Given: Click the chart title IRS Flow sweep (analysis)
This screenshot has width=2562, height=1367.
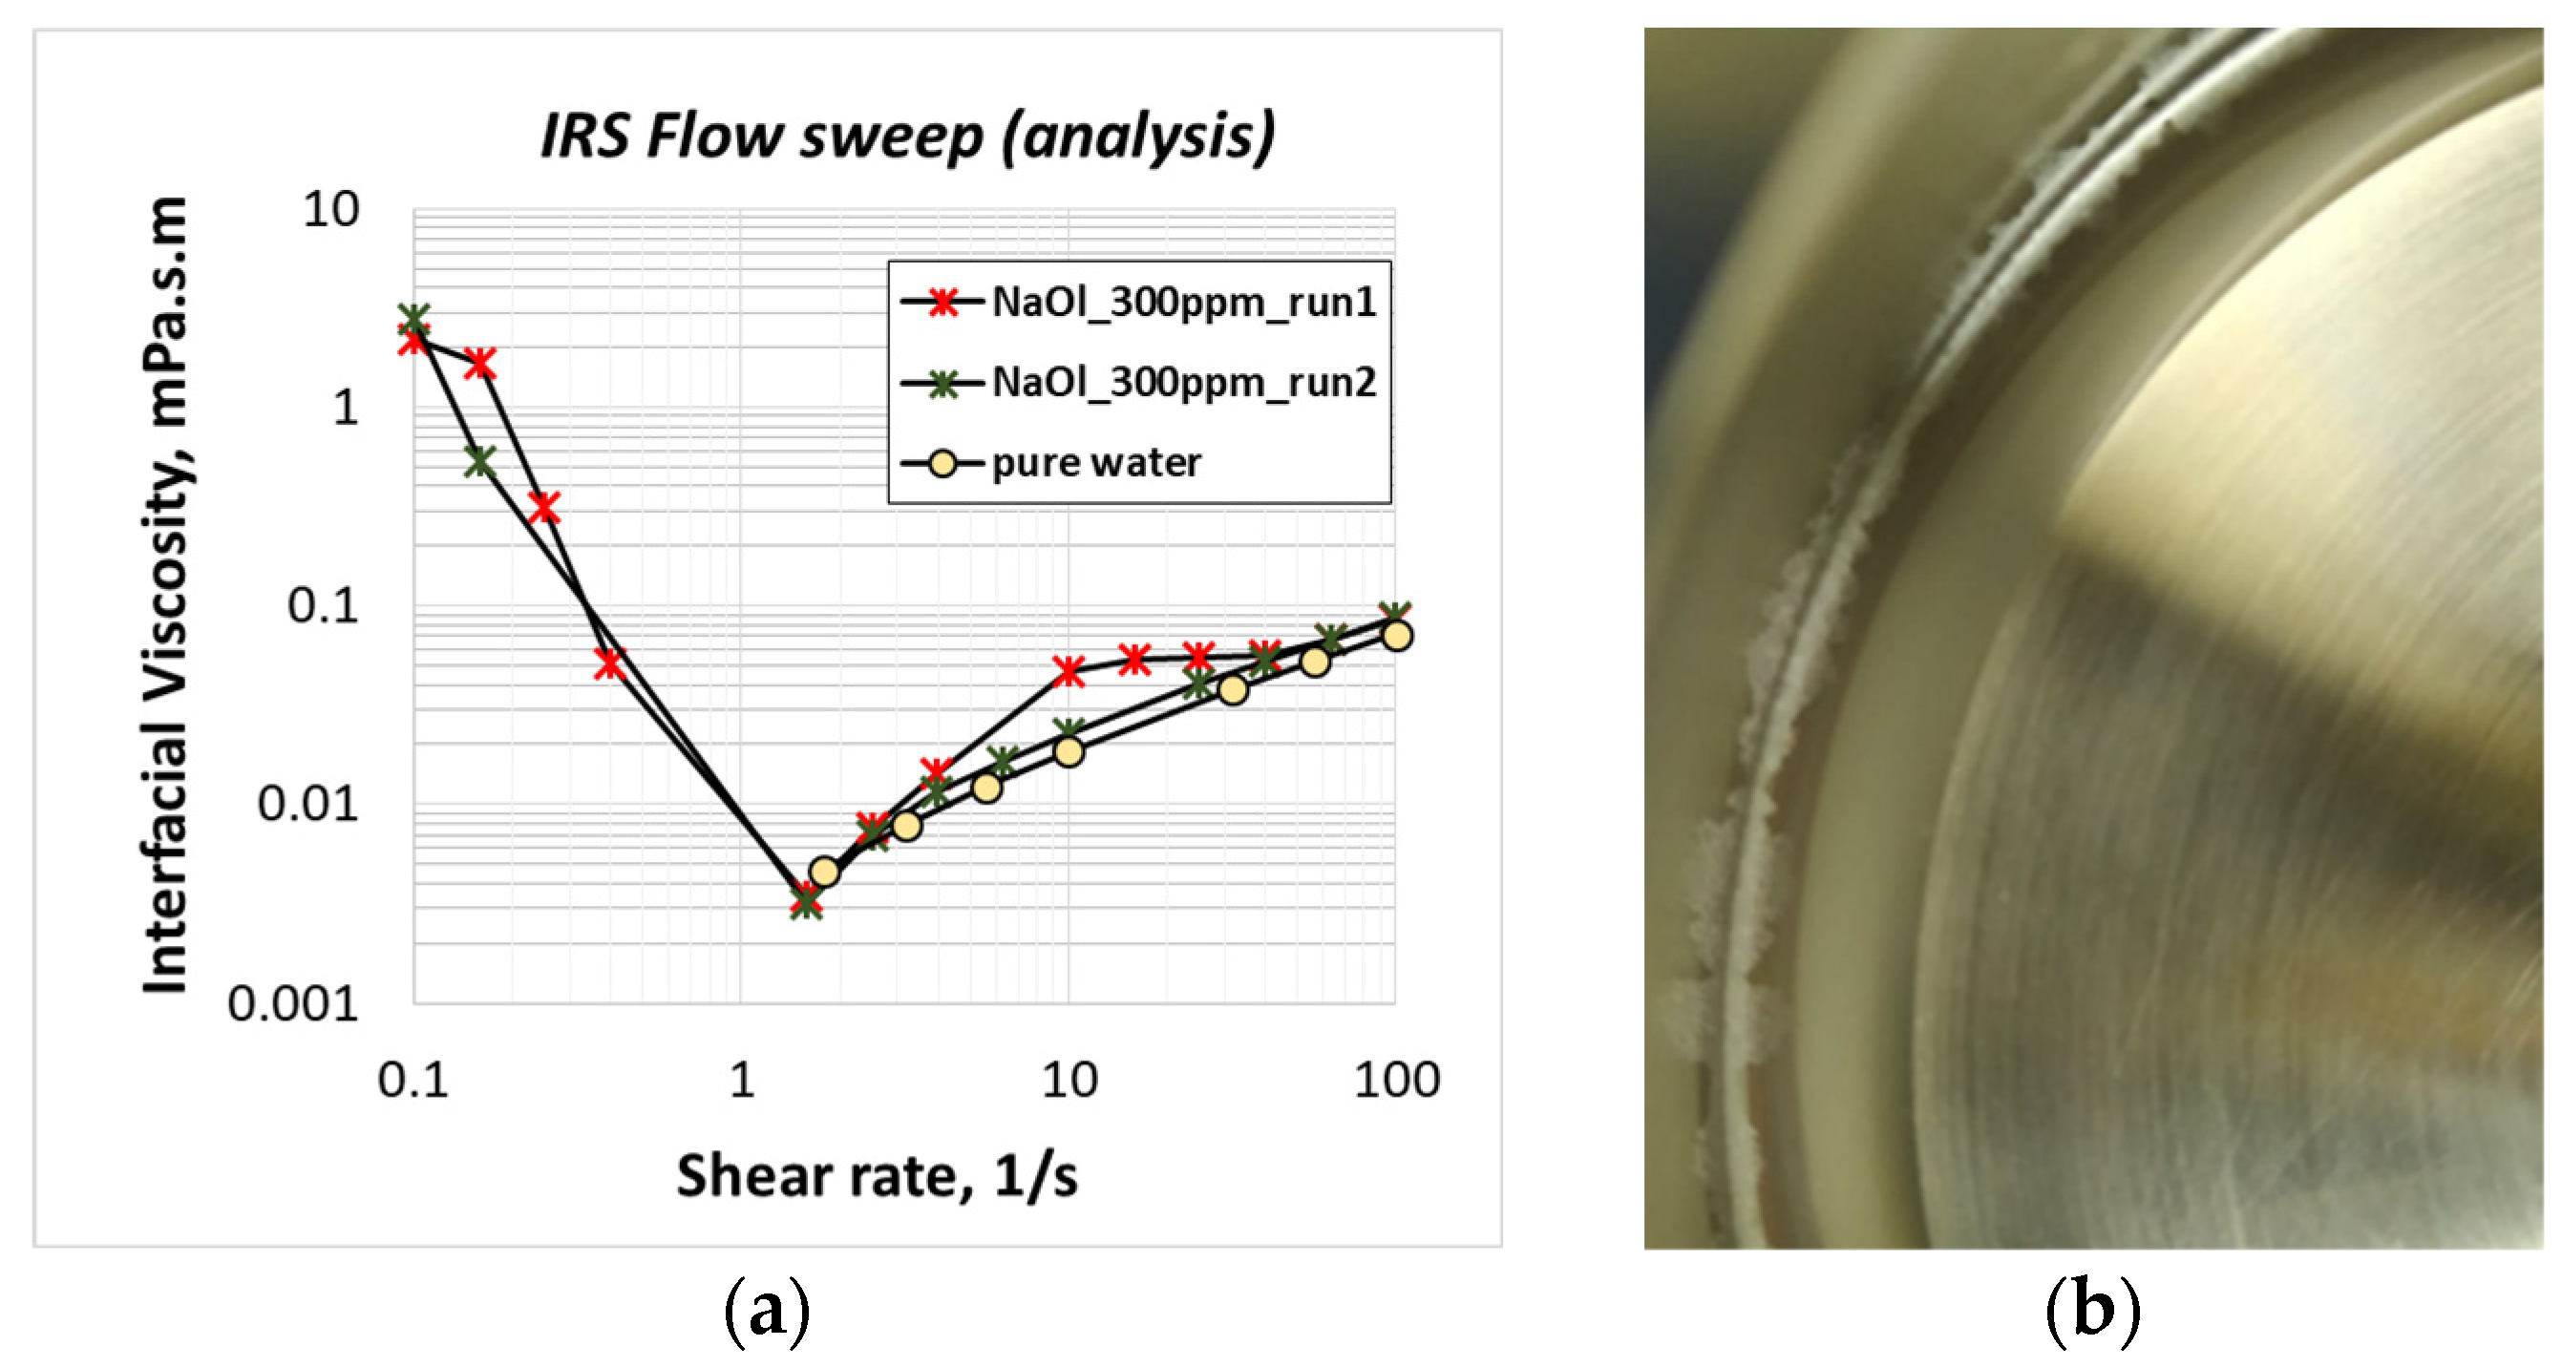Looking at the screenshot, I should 907,136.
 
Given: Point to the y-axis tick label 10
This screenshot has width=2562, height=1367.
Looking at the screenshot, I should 330,211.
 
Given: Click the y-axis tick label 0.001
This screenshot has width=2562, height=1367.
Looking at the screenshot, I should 292,1004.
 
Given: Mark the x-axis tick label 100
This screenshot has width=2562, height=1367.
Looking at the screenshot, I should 1395,1080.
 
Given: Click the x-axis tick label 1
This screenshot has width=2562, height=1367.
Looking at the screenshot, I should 741,1080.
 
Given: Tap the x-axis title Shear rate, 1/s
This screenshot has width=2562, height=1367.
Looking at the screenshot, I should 877,1176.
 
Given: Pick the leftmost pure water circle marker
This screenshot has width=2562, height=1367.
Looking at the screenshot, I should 824,872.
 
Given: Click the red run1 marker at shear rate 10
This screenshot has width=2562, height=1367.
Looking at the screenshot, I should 1069,672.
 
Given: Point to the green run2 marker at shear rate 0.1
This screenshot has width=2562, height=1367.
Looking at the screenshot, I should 413,318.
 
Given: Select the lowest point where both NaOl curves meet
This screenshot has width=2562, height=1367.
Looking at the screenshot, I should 807,902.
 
